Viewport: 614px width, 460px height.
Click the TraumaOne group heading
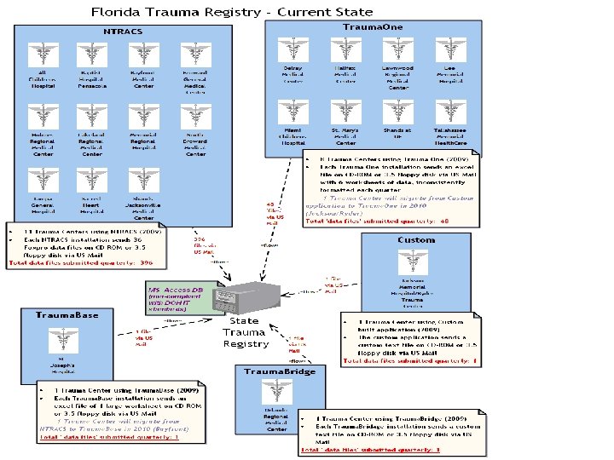click(368, 27)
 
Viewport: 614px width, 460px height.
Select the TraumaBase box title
click(67, 315)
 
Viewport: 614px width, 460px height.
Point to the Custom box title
click(416, 241)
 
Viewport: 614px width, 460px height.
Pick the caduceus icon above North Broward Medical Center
click(195, 115)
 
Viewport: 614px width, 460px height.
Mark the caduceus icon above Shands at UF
click(397, 112)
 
